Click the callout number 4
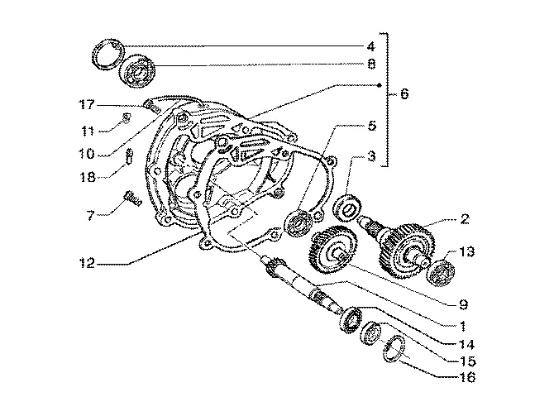tap(370, 46)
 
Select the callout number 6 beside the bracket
tap(404, 93)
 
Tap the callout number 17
tap(87, 104)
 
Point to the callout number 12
tap(87, 263)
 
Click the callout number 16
tap(467, 377)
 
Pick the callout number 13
tap(466, 252)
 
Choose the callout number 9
tap(463, 304)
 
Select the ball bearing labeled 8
tap(137, 71)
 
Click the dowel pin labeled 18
tap(129, 155)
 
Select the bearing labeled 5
tap(298, 223)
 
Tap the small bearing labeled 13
tap(442, 272)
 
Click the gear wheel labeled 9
tap(333, 250)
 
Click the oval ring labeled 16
tap(393, 349)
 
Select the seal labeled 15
tap(372, 333)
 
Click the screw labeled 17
tap(151, 107)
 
